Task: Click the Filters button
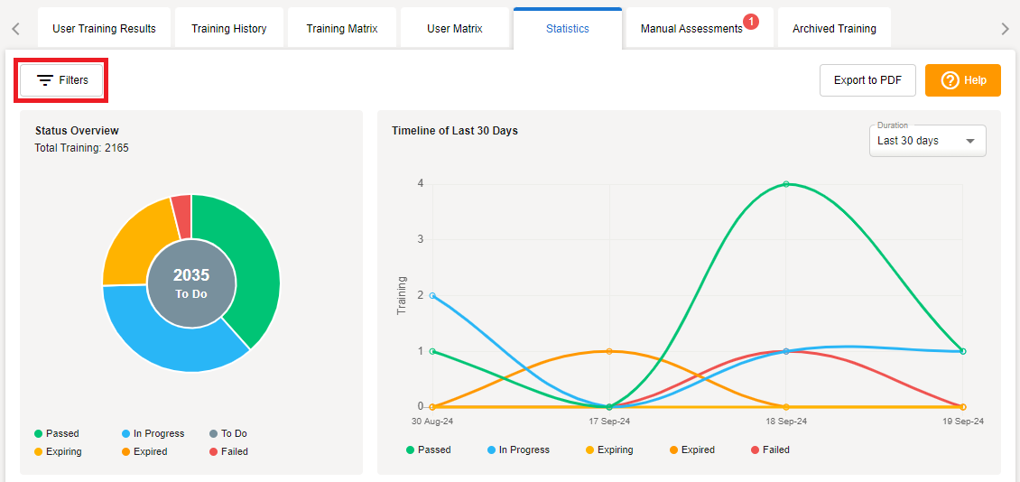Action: coord(62,80)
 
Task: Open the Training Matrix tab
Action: coord(342,29)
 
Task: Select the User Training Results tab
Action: coord(104,29)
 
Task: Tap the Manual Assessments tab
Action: coord(691,29)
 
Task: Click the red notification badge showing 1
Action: coord(751,21)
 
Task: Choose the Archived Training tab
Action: coord(834,29)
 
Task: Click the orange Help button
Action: coord(962,80)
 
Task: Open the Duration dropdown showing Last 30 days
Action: coord(927,141)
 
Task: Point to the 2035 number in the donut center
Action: coord(191,275)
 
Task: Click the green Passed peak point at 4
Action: coord(786,184)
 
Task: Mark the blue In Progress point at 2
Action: coord(433,295)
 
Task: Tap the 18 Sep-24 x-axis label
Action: coord(786,422)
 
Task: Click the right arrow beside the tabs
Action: coord(1005,29)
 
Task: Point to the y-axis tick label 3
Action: coord(420,239)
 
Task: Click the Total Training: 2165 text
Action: coord(81,148)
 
